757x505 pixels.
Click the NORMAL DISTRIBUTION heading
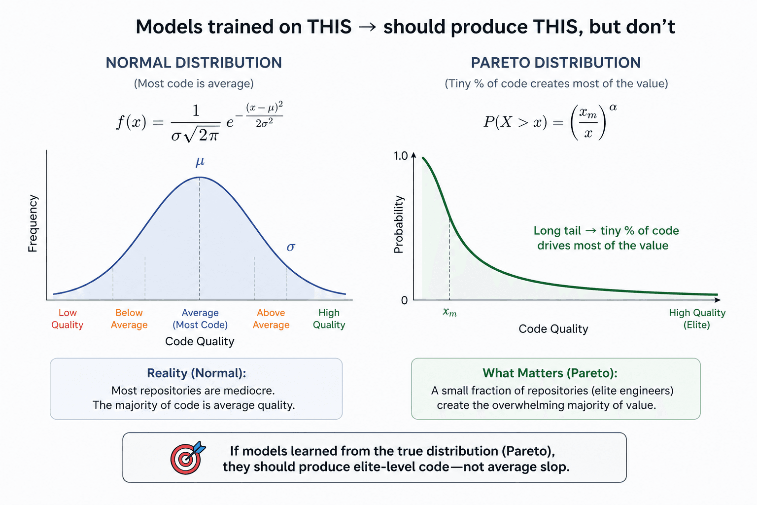point(194,63)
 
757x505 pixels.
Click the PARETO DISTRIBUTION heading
point(555,63)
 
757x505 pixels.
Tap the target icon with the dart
point(187,457)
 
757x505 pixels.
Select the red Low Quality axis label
point(68,319)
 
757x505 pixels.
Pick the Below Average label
point(129,319)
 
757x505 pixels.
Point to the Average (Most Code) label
point(200,319)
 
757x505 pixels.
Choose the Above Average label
point(271,319)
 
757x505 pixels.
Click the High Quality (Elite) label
point(697,319)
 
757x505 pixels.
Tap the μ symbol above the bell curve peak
point(200,162)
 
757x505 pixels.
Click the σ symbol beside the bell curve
point(291,247)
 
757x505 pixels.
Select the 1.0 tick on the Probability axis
point(401,156)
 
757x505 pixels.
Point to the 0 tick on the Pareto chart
point(404,300)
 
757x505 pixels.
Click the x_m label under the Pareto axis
point(449,312)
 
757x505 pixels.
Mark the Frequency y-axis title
point(33,223)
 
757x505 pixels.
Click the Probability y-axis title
point(399,224)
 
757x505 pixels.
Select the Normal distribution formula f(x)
point(200,122)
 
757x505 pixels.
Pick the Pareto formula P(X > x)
point(550,121)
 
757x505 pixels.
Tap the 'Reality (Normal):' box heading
point(196,373)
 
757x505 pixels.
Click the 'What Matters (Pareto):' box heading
point(550,373)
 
